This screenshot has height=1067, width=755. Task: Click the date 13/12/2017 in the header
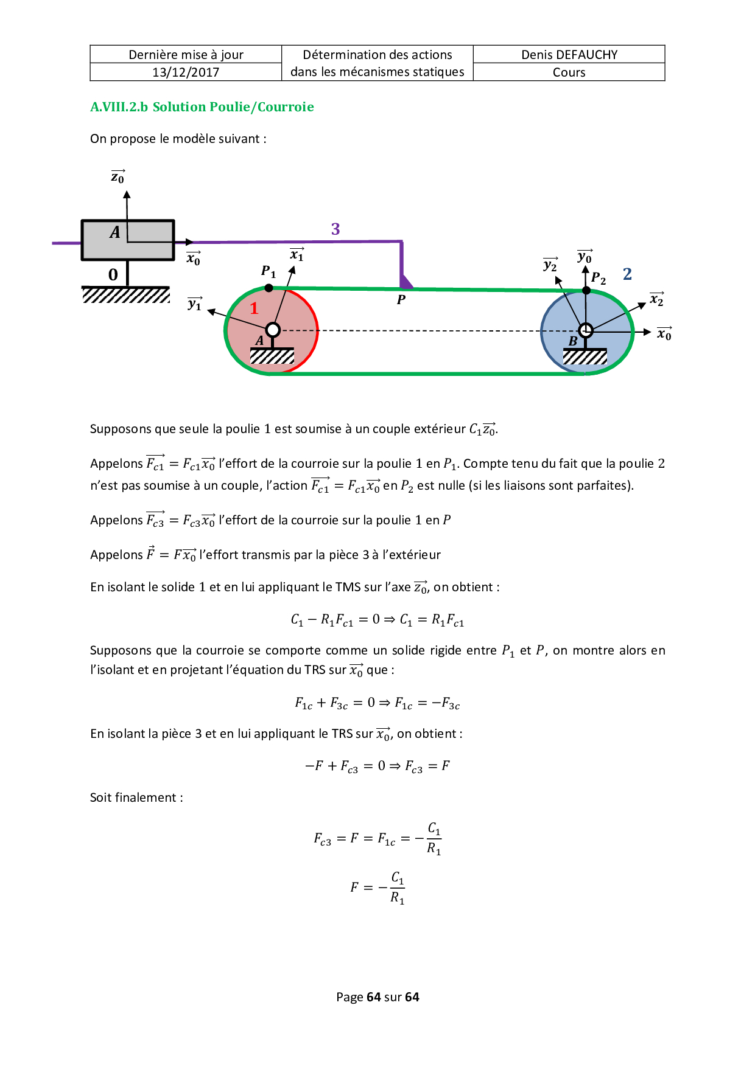186,72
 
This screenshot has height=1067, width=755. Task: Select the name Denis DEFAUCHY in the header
569,55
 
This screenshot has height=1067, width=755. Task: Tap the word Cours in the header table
569,72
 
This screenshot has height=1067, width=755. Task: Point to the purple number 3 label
335,229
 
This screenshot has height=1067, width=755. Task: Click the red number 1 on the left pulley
255,308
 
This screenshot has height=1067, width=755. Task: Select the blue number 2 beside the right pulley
627,274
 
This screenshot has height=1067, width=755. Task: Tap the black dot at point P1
269,288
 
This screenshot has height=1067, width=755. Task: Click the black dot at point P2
586,290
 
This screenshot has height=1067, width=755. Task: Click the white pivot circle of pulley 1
273,330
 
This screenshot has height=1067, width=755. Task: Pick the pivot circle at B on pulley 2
586,330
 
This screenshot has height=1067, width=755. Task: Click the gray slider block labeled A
128,240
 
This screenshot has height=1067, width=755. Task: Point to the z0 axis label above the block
118,176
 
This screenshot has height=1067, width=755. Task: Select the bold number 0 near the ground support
113,275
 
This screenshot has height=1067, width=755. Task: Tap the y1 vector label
195,303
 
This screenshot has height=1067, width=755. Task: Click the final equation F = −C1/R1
377,888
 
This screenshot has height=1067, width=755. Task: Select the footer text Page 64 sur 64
377,996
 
